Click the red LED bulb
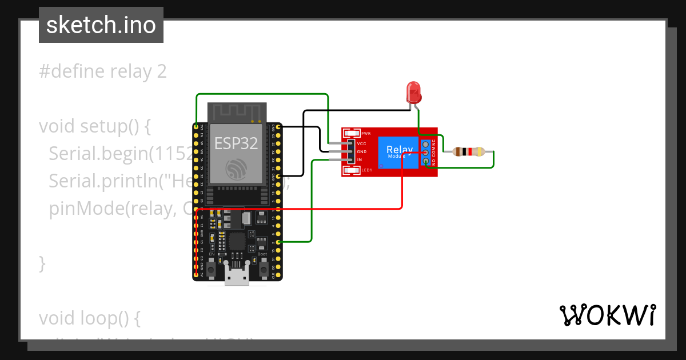tap(413, 91)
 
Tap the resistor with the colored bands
tap(468, 152)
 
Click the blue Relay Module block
tap(398, 152)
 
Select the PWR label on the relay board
tap(366, 134)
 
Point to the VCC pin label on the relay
tap(361, 143)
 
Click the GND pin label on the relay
tap(361, 151)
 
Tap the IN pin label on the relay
tap(360, 159)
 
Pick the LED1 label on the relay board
tap(366, 170)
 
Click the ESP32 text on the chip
tap(236, 143)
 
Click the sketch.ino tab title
tap(101, 25)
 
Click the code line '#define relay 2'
tap(103, 71)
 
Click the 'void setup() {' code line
tap(95, 126)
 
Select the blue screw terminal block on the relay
tap(426, 153)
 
